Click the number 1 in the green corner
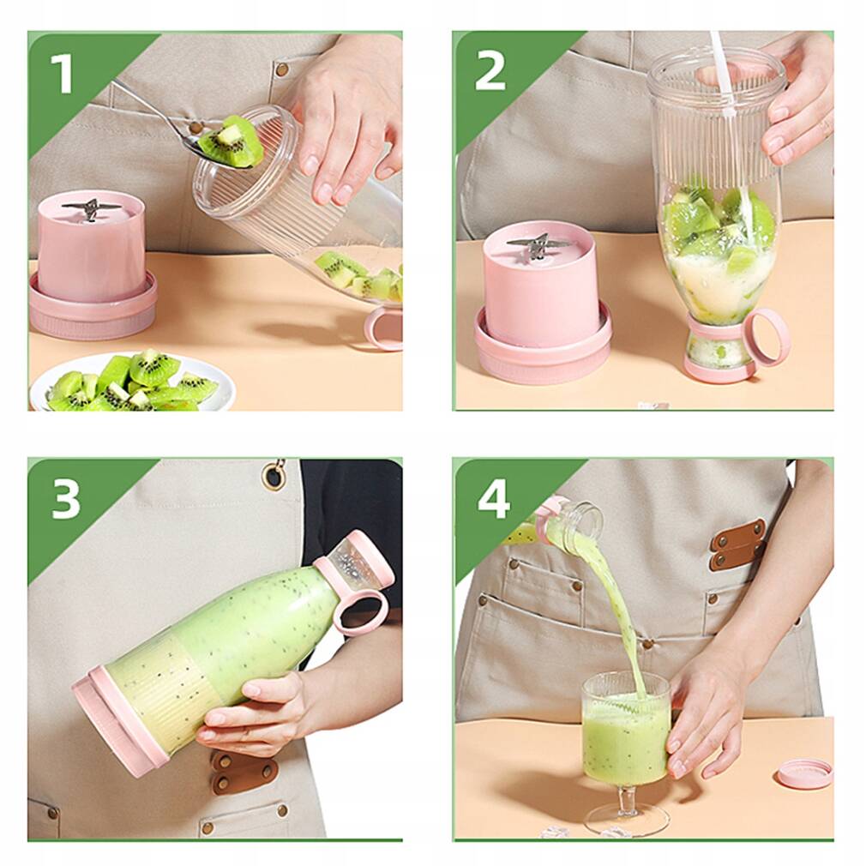pyautogui.click(x=61, y=74)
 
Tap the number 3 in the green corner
pyautogui.click(x=65, y=499)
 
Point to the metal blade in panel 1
pyautogui.click(x=92, y=207)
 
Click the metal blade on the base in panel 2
pyautogui.click(x=537, y=245)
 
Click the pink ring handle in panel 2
pyautogui.click(x=766, y=336)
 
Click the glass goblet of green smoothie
pyautogui.click(x=625, y=729)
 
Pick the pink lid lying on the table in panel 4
pyautogui.click(x=804, y=773)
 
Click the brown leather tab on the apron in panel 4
pyautogui.click(x=738, y=544)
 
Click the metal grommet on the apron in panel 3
pyautogui.click(x=274, y=474)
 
